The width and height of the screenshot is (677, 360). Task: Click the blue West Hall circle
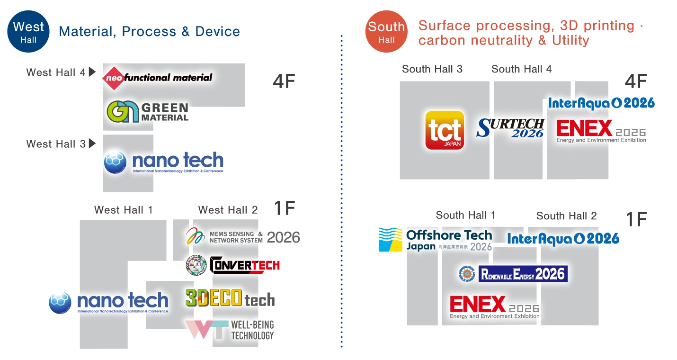pos(28,31)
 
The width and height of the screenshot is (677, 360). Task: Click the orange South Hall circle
pos(386,31)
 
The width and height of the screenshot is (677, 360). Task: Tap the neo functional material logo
pos(158,77)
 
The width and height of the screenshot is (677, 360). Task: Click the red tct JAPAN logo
pos(445,130)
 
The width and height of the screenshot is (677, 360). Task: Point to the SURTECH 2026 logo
pos(511,128)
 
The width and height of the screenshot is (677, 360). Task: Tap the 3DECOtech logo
pos(230,299)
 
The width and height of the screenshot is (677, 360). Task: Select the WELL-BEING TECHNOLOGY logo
pos(230,330)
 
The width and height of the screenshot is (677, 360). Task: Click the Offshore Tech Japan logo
pos(435,240)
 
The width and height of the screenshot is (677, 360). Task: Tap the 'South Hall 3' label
pos(432,69)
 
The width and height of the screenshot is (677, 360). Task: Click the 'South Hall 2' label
pos(566,216)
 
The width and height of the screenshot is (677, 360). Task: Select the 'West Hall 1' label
pos(123,210)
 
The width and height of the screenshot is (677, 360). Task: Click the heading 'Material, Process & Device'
pos(149,32)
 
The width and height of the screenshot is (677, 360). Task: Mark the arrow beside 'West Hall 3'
pos(92,143)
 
